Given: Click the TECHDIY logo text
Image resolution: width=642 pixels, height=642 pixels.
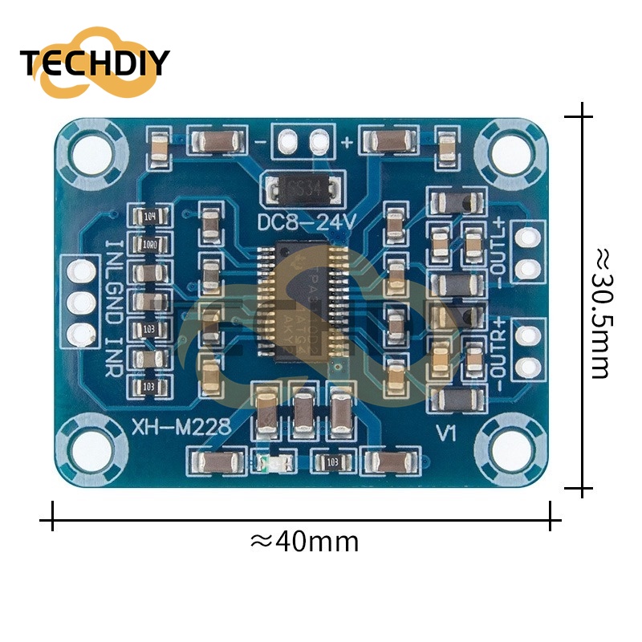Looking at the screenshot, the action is [95, 63].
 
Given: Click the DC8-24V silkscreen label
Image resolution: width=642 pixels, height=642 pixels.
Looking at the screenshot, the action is [304, 222].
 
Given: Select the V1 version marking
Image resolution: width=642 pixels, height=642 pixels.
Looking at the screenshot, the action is [446, 433].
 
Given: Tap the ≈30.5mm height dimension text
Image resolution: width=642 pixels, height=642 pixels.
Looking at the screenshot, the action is [603, 313].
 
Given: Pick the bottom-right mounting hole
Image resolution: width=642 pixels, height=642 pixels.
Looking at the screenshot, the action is [510, 448].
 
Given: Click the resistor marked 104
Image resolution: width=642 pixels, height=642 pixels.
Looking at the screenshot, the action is [148, 216].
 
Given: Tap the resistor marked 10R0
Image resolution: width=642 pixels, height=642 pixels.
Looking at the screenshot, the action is [148, 244].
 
